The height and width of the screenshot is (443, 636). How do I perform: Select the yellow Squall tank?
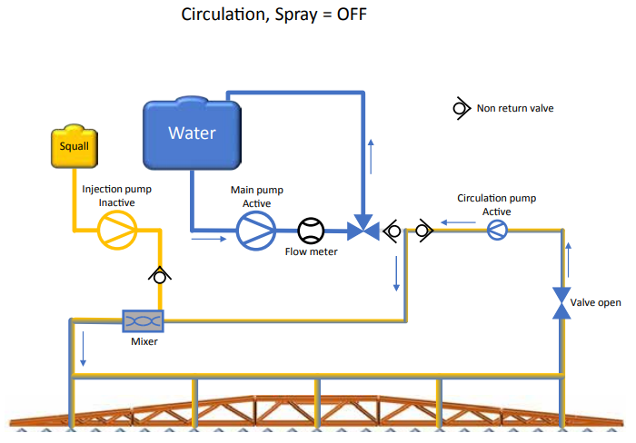(74, 146)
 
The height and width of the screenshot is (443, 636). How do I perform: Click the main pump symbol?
(256, 231)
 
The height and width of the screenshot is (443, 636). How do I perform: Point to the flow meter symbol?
(311, 231)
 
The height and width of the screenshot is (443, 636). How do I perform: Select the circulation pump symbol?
(496, 231)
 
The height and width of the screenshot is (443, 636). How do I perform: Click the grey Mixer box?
(143, 321)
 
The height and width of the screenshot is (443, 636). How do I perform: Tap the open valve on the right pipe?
(561, 302)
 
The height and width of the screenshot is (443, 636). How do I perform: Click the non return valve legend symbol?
(460, 108)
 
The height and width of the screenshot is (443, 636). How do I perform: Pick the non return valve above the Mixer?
(159, 274)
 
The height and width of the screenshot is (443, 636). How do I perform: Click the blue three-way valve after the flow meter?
(364, 230)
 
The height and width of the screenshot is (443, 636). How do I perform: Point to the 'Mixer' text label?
(143, 343)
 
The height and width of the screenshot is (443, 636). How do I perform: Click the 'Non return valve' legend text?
(515, 109)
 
